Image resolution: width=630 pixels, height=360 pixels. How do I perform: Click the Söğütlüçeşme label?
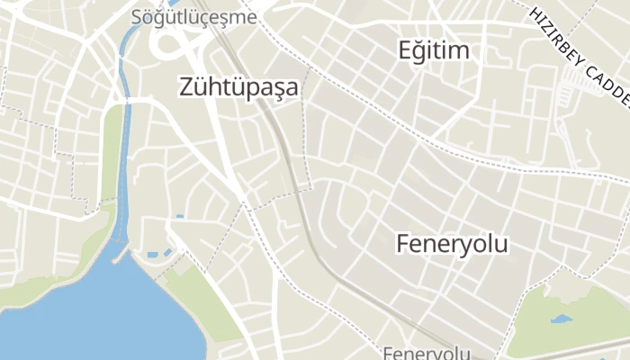193,17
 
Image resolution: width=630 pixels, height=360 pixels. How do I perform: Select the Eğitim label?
434,50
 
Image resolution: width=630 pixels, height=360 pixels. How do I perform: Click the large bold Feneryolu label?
452,243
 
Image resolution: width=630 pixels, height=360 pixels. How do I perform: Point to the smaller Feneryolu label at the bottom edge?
427,353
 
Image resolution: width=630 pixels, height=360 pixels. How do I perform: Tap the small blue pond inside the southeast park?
561,319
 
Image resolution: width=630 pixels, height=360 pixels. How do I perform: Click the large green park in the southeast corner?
576,306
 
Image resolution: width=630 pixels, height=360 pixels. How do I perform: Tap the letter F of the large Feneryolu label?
403,243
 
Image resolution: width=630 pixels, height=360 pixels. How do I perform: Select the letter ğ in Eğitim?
421,51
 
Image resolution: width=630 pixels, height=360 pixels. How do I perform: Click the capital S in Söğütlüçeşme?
136,17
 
